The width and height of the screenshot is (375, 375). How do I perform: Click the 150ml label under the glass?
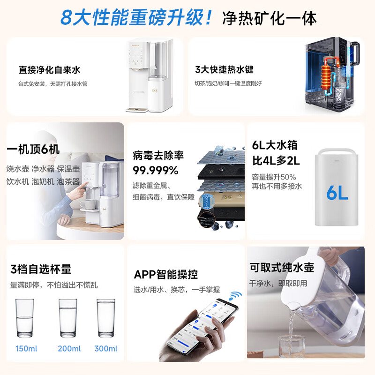[x=26, y=348]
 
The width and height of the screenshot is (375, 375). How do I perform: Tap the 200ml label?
[x=69, y=348]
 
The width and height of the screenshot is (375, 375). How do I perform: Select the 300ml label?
[x=106, y=348]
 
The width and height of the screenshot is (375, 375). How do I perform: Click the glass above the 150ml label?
[x=24, y=318]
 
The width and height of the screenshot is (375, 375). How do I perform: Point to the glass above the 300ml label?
[x=106, y=318]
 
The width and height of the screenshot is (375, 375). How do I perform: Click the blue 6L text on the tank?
[x=337, y=193]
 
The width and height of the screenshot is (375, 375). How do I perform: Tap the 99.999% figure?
[x=156, y=171]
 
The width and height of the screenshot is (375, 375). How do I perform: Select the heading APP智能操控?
[x=166, y=274]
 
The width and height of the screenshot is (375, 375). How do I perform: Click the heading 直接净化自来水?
[x=49, y=70]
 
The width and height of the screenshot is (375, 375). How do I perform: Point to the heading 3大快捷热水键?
[x=224, y=69]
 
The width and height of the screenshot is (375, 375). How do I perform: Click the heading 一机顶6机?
[x=33, y=150]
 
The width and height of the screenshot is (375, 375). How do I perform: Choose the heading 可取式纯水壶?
[x=282, y=267]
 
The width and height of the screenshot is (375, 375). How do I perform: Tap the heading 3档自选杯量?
[x=41, y=269]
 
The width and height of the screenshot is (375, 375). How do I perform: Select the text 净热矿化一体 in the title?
[x=270, y=18]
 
